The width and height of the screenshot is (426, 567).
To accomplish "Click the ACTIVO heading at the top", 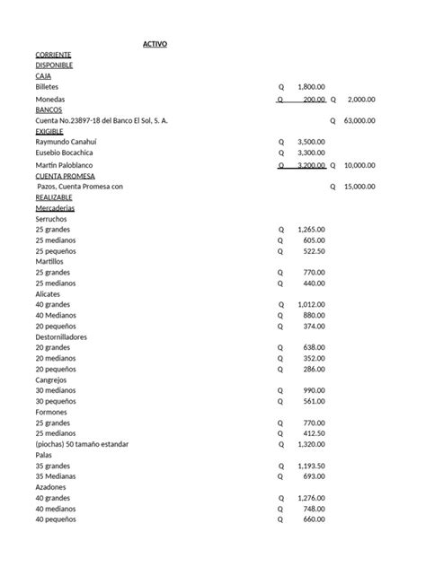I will pyautogui.click(x=155, y=45).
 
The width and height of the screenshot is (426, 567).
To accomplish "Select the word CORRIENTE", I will pyautogui.click(x=54, y=56).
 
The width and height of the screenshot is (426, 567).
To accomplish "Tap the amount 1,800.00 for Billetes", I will pyautogui.click(x=311, y=87).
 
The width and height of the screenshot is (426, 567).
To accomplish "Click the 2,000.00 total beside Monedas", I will pyautogui.click(x=361, y=100).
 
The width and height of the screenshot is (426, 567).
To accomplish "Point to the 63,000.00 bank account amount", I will pyautogui.click(x=359, y=120).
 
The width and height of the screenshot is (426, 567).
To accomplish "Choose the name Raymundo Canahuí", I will pyautogui.click(x=67, y=142).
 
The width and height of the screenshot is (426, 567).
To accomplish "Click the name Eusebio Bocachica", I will pyautogui.click(x=67, y=153).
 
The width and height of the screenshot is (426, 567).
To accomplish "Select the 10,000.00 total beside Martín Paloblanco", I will pyautogui.click(x=359, y=166).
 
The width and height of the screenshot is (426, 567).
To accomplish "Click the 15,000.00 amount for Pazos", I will pyautogui.click(x=359, y=187).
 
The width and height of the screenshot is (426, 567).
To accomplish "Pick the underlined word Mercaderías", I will pyautogui.click(x=56, y=208).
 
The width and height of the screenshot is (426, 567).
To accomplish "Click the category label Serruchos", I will pyautogui.click(x=51, y=219).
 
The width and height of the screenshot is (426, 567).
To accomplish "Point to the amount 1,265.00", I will pyautogui.click(x=311, y=230).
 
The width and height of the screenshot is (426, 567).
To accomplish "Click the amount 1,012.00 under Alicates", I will pyautogui.click(x=311, y=304).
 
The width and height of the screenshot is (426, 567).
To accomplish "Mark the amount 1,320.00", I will pyautogui.click(x=311, y=444).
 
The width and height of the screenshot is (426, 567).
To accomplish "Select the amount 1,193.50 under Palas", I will pyautogui.click(x=311, y=466).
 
